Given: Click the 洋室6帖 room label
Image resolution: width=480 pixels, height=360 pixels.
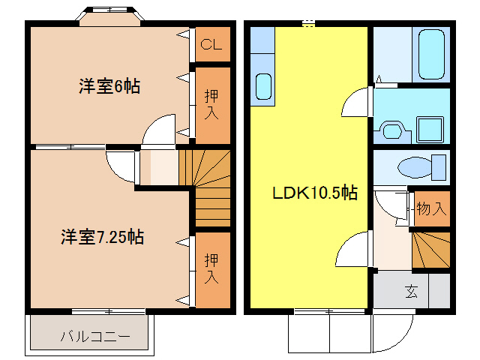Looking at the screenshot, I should [x=109, y=85].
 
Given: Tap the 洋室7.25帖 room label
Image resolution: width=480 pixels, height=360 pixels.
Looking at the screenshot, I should [x=103, y=238].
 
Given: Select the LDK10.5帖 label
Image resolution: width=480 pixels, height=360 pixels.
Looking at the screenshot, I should [x=313, y=193].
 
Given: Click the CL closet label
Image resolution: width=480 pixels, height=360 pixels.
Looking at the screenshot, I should [x=211, y=46].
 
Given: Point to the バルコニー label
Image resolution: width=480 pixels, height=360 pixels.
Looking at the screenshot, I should [x=94, y=336].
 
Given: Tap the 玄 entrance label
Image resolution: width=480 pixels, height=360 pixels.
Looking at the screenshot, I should [x=412, y=291].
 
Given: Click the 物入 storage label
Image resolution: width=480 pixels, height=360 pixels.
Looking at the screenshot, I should [x=430, y=208].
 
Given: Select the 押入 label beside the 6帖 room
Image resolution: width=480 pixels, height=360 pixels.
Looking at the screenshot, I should [x=211, y=104].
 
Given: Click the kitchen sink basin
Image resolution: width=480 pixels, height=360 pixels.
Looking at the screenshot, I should [x=263, y=86].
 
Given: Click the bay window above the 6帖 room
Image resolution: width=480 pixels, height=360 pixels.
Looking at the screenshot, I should [x=109, y=14].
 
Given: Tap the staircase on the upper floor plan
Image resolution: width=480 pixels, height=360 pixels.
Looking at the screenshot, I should [x=205, y=187].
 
